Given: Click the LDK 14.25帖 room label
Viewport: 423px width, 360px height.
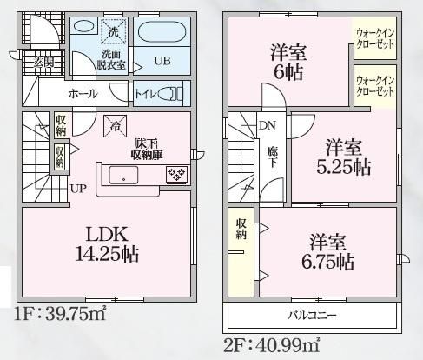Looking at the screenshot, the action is click(107, 244).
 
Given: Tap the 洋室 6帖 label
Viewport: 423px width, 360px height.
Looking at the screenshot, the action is click(288, 62).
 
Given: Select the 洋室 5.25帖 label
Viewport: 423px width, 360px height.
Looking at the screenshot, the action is click(344, 157).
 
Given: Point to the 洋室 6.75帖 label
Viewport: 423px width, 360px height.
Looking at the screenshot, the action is click(328, 252).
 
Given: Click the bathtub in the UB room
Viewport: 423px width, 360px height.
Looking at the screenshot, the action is click(162, 33).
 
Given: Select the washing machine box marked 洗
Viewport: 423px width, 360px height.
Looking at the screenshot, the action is click(113, 31).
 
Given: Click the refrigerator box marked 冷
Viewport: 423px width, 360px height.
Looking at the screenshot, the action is click(116, 126).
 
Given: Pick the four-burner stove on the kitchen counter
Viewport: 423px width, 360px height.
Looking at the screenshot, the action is click(176, 175).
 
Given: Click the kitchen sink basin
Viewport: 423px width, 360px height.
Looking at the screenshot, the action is click(123, 175).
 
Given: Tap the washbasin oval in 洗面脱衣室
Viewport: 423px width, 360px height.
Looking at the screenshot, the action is click(84, 26).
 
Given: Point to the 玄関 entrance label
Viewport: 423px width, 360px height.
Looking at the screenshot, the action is click(43, 62).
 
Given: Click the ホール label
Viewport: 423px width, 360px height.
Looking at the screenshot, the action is click(83, 94).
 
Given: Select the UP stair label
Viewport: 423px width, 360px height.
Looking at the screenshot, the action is click(78, 189).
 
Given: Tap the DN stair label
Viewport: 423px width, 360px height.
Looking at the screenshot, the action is click(268, 125).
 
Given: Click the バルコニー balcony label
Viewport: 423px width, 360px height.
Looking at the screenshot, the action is click(312, 315).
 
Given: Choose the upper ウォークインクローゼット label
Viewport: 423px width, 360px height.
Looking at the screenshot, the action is click(375, 38).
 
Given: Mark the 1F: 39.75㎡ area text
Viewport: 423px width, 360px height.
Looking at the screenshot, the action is click(60, 314).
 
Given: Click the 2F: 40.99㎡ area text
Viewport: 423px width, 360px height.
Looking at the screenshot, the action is click(272, 346).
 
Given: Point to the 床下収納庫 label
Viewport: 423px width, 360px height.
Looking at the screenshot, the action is click(147, 150).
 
